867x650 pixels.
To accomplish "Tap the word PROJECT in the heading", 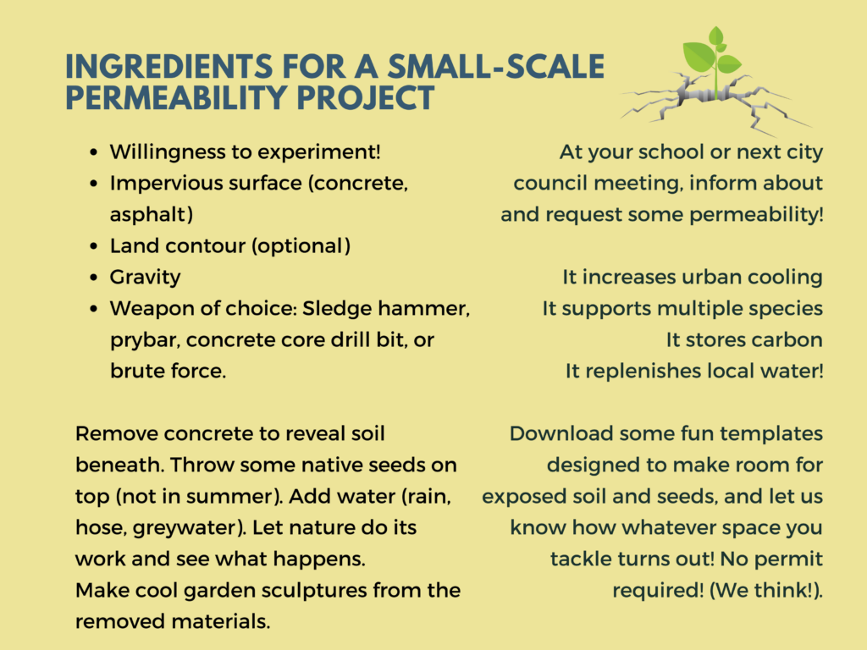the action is (x=365, y=98).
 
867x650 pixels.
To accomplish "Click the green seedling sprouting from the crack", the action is (x=712, y=62).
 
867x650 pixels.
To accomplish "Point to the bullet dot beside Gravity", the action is (x=94, y=278).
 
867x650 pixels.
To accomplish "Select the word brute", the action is (x=137, y=371).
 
